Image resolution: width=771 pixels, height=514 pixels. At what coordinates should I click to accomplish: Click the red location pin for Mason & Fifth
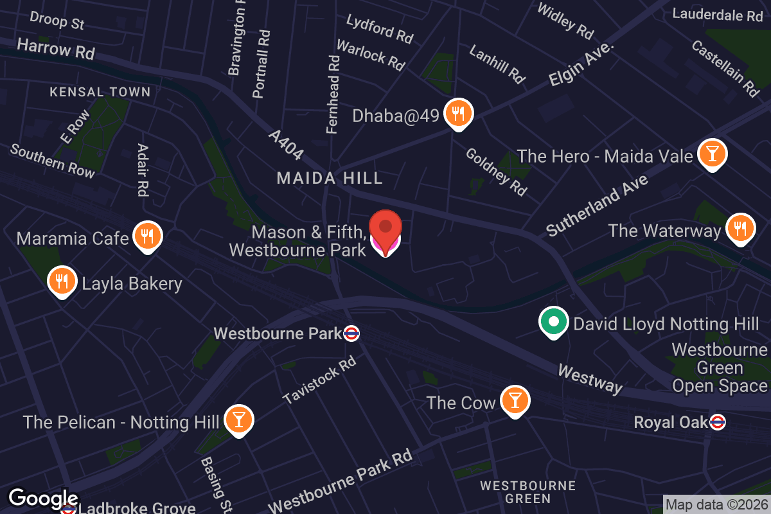[385, 228]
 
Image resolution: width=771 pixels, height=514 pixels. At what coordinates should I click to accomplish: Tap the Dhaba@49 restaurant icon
[458, 114]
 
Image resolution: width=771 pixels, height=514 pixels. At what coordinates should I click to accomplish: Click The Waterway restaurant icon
[740, 228]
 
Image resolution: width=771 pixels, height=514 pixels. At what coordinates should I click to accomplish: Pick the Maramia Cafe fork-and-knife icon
[147, 236]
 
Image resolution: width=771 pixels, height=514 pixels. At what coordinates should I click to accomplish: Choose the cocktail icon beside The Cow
[514, 401]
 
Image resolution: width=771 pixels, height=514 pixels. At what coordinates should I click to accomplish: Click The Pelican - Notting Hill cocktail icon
[238, 420]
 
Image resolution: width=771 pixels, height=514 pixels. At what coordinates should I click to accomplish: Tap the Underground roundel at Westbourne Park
[351, 333]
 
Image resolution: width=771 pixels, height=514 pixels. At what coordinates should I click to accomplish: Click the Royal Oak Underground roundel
[718, 422]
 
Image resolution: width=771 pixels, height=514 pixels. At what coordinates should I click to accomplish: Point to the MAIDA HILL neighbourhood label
[330, 179]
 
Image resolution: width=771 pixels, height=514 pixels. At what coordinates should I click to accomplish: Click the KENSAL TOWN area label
[100, 92]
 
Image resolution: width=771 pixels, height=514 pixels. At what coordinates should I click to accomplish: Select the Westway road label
[590, 379]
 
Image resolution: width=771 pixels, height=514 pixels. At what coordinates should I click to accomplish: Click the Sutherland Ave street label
[598, 205]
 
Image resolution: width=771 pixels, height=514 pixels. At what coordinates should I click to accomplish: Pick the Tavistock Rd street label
[319, 381]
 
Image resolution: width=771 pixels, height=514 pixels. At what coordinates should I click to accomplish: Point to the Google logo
[43, 499]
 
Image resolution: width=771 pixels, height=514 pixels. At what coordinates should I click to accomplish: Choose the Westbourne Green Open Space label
[720, 368]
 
